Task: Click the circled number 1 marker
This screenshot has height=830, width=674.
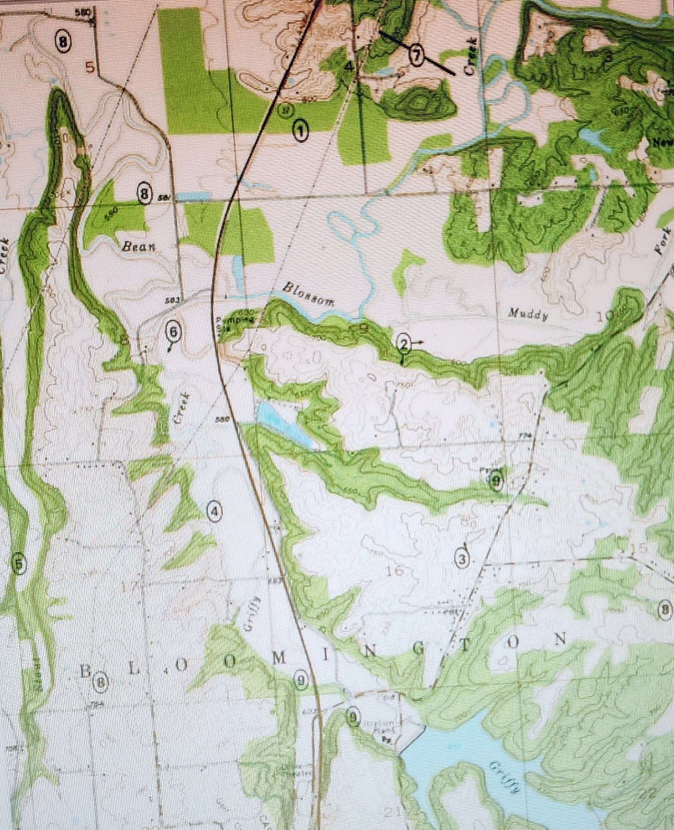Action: coord(300,131)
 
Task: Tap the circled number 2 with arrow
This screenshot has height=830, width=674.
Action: coord(404,343)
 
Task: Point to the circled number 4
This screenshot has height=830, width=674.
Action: coord(214,511)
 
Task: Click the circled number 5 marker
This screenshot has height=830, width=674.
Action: coord(19,564)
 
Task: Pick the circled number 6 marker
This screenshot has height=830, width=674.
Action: coord(173,331)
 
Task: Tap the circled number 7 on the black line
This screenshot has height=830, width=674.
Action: coord(416,55)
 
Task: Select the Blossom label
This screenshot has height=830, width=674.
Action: coord(308,294)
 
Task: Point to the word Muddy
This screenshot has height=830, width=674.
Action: coord(528,314)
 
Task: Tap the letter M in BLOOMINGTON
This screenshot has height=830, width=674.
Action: coord(279,658)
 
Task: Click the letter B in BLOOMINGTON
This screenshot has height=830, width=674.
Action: coord(86,672)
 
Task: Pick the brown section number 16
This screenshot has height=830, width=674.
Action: coord(395,571)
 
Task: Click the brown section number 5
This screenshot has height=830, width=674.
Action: coord(90,66)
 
